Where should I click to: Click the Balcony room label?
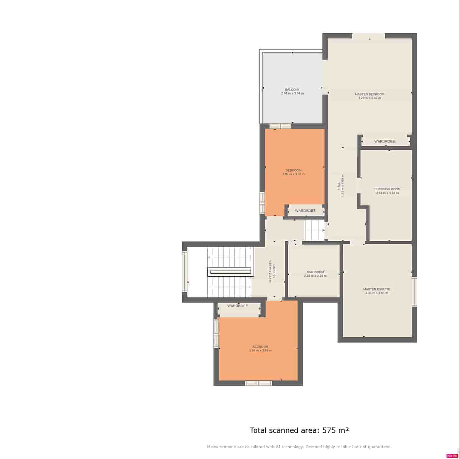click(x=292, y=89)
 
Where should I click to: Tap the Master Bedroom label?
click(x=369, y=94)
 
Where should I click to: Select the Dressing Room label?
click(x=387, y=189)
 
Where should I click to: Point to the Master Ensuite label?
click(x=376, y=289)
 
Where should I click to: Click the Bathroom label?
click(x=315, y=272)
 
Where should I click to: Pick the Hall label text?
click(x=338, y=186)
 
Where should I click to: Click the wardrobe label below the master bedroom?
click(x=384, y=142)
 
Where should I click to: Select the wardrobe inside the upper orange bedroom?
click(x=305, y=211)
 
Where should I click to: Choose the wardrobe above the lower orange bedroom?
click(x=238, y=306)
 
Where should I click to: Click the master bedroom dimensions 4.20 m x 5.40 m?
click(x=369, y=98)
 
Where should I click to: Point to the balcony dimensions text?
click(x=292, y=93)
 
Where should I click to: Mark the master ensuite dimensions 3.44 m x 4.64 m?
click(x=376, y=293)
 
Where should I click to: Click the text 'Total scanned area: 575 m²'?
click(x=299, y=430)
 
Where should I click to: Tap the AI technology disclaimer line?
click(x=299, y=447)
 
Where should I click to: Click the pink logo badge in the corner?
click(x=452, y=456)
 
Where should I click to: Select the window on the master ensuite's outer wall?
click(x=414, y=292)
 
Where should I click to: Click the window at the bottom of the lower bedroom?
click(x=258, y=383)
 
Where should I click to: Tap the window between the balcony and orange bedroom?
click(x=280, y=126)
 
